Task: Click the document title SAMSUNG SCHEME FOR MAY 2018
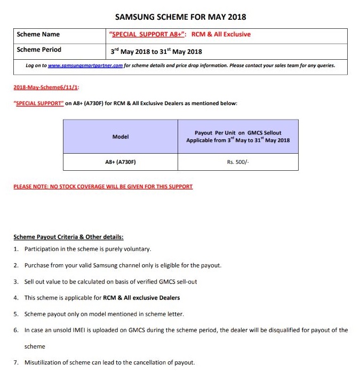tap(180, 17)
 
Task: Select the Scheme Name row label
tap(38, 35)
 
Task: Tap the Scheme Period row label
tap(39, 50)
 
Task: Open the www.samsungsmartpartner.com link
tap(85, 66)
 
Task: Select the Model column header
tap(121, 137)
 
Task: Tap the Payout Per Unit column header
tap(238, 137)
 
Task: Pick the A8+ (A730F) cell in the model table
tap(121, 161)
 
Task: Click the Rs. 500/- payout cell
tap(238, 161)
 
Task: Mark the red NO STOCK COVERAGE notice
tap(103, 187)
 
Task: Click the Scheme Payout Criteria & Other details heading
tap(68, 236)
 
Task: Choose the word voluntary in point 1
tap(137, 249)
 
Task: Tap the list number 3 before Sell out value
tap(17, 281)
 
